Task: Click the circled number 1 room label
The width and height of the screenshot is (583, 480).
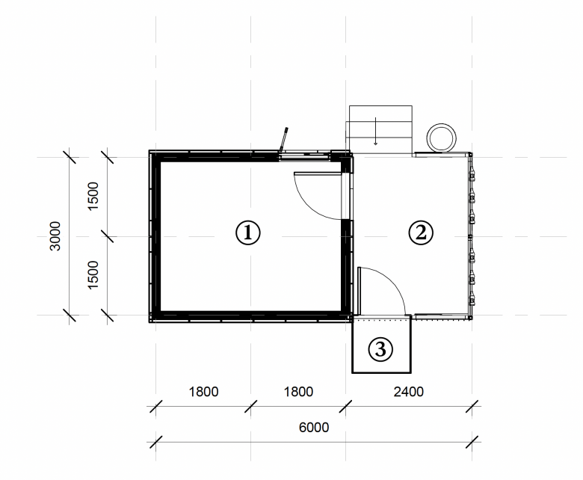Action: coord(248,233)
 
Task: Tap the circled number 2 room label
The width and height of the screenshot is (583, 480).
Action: coord(421,233)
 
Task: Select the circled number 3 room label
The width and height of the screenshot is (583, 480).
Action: coord(380,349)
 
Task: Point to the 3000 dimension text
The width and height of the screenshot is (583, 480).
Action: coord(55,236)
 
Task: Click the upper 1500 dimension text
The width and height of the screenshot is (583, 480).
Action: coord(93,196)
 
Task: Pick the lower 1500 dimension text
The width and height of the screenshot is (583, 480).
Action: coord(93,274)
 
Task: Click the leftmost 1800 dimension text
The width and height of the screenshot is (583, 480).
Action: coord(203,392)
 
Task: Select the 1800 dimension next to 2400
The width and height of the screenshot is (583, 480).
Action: coord(298,392)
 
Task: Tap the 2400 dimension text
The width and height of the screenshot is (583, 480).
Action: coord(409,392)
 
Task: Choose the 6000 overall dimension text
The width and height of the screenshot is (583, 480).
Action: coord(314,427)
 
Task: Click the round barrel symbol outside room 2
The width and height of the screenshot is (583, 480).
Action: coord(441,138)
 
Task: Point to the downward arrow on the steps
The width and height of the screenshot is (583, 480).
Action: coord(375,132)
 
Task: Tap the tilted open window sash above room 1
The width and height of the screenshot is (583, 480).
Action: coord(284,139)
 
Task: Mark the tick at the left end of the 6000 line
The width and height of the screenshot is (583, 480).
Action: coord(155,442)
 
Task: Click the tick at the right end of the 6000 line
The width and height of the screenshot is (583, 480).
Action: coord(472,442)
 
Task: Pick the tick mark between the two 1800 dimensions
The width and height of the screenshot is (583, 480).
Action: coord(250,406)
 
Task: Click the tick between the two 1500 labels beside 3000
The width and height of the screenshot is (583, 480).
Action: coord(107,236)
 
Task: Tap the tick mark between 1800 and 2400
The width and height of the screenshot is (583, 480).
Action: coord(346,406)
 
